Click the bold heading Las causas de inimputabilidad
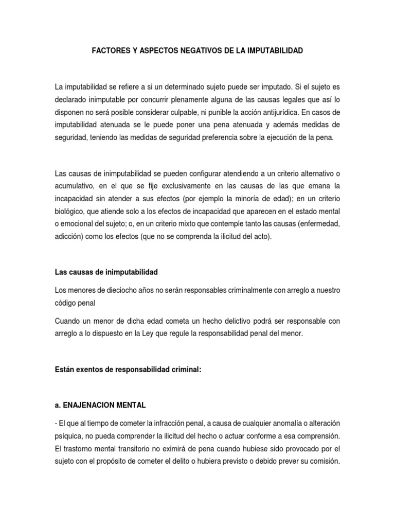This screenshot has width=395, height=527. click(x=105, y=272)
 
